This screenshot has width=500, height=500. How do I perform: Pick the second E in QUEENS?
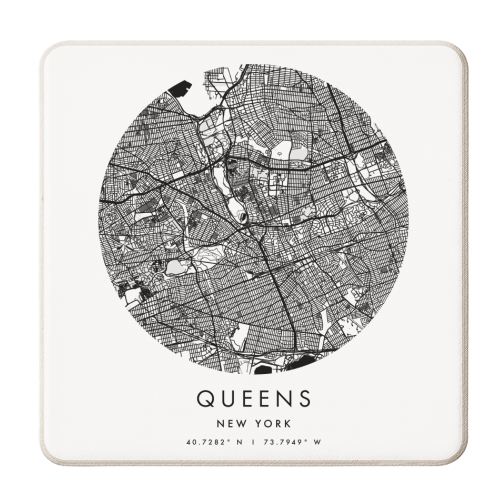pyautogui.click(x=261, y=399)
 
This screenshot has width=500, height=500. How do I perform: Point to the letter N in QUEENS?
pyautogui.click(x=282, y=399)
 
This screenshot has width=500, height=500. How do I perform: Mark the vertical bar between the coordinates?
pyautogui.click(x=250, y=442)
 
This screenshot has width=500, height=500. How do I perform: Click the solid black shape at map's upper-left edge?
pyautogui.click(x=180, y=89)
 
